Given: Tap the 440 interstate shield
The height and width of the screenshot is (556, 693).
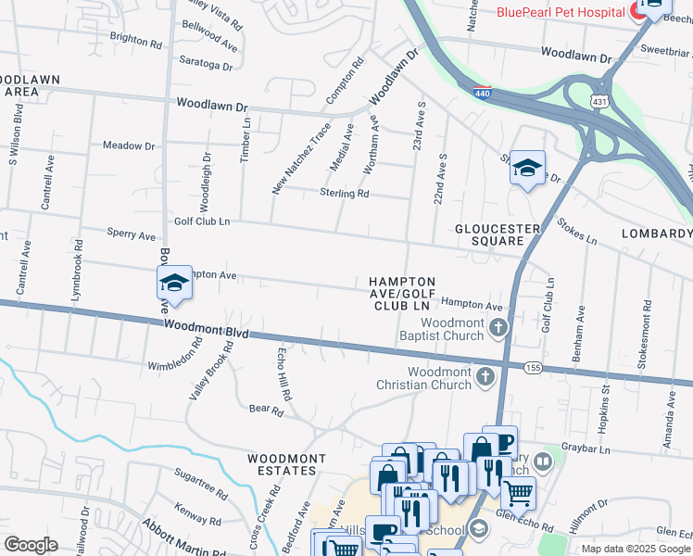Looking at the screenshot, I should click(482, 94).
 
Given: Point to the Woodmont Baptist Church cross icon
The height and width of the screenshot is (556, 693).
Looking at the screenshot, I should click(499, 326).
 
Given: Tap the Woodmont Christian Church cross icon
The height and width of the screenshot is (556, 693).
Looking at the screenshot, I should click(485, 376).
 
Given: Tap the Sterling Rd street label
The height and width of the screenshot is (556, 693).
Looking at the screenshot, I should click(344, 194).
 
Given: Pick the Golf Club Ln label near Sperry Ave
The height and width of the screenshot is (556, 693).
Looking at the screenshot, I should click(201, 221).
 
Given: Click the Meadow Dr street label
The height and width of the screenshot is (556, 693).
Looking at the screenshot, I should click(129, 145).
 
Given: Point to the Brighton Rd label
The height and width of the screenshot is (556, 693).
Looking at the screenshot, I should click(135, 41).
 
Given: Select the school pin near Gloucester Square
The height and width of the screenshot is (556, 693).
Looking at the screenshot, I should click(527, 169).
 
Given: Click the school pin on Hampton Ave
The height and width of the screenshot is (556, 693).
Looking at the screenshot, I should click(174, 283).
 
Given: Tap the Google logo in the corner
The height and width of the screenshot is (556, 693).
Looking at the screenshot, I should click(31, 545).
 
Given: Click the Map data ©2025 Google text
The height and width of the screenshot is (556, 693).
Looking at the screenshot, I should click(636, 549).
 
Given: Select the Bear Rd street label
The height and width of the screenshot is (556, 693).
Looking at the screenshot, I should click(265, 408).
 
